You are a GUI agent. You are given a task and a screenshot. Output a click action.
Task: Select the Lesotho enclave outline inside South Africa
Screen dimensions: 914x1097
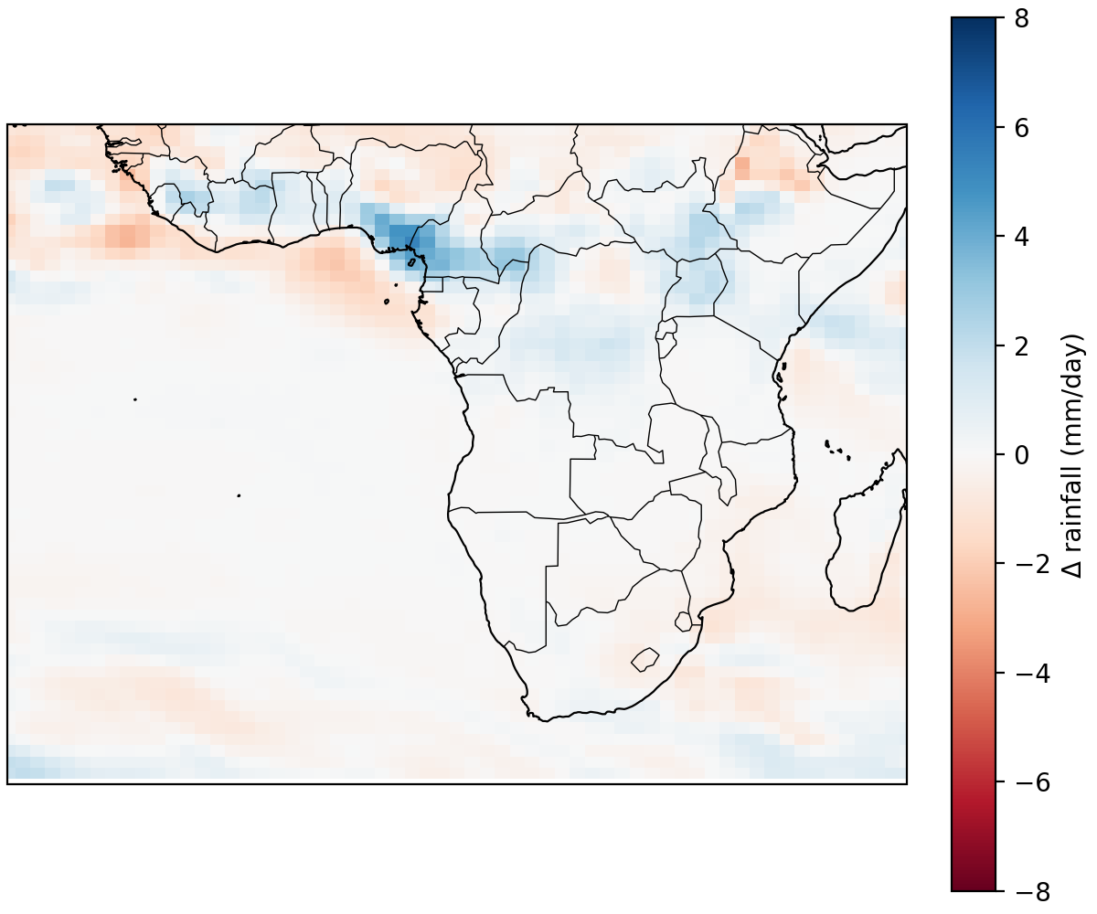tap(645, 658)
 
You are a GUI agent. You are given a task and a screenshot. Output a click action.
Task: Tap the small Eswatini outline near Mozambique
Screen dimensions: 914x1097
tap(683, 622)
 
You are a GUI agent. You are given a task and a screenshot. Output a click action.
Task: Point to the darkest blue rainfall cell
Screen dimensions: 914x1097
tap(399, 236)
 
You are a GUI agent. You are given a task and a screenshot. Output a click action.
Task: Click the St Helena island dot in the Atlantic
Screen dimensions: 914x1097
tap(239, 495)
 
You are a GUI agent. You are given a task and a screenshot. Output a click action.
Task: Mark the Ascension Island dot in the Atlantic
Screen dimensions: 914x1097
tap(135, 399)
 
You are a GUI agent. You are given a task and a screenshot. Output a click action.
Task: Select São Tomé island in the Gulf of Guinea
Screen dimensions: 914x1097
tap(387, 301)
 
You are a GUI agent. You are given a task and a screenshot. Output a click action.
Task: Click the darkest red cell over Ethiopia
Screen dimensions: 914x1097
tap(741, 168)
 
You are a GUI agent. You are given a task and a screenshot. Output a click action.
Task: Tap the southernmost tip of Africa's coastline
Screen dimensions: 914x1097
tap(544, 720)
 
